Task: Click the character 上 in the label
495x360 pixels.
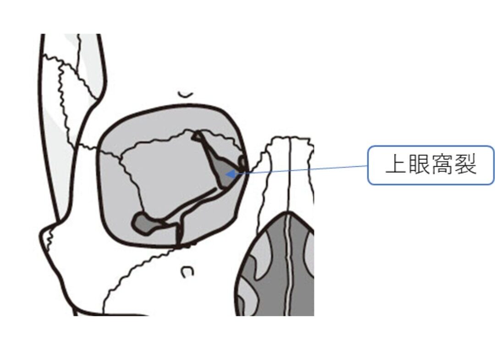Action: pos(396,164)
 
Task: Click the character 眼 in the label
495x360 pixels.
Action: pos(418,164)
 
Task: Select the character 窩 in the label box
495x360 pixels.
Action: pos(442,164)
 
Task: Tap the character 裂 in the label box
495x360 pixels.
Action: pos(465,164)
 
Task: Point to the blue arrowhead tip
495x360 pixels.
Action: pos(226,174)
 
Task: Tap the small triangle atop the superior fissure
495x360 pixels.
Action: pos(197,136)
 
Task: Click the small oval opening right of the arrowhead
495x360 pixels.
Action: pos(242,162)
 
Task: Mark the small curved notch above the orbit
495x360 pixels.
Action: pos(185,94)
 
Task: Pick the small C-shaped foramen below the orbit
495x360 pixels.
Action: pos(187,272)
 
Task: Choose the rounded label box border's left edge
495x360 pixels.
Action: pos(368,165)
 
